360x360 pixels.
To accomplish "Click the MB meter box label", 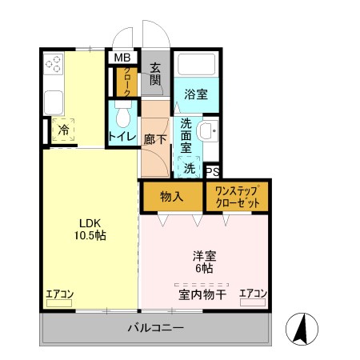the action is (x=122, y=58).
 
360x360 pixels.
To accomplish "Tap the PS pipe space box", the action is (x=213, y=171).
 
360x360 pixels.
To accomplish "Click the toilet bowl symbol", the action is (x=123, y=114).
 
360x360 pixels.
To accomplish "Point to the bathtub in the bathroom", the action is (x=196, y=65).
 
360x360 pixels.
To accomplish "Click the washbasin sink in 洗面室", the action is (x=207, y=130).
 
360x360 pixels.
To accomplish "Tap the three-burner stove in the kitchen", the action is (x=54, y=64).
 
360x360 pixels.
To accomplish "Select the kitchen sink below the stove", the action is (x=54, y=103).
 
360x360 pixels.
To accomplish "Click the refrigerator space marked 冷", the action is (x=63, y=130).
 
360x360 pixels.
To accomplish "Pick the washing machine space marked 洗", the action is (x=189, y=167).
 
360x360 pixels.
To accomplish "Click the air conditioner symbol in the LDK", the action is (x=59, y=303).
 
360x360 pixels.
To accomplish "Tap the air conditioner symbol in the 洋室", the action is (x=253, y=302).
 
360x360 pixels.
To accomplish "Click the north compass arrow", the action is (x=301, y=329).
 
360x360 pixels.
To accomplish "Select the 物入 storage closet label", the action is (x=172, y=197).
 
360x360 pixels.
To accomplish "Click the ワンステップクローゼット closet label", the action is (x=237, y=197).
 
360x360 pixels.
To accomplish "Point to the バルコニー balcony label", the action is (x=156, y=328).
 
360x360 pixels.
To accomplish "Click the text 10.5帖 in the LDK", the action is (x=90, y=235).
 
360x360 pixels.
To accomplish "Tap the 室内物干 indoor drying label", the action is (x=202, y=295).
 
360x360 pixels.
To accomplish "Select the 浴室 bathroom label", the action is (x=196, y=94).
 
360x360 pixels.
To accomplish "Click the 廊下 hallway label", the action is (x=155, y=139).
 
